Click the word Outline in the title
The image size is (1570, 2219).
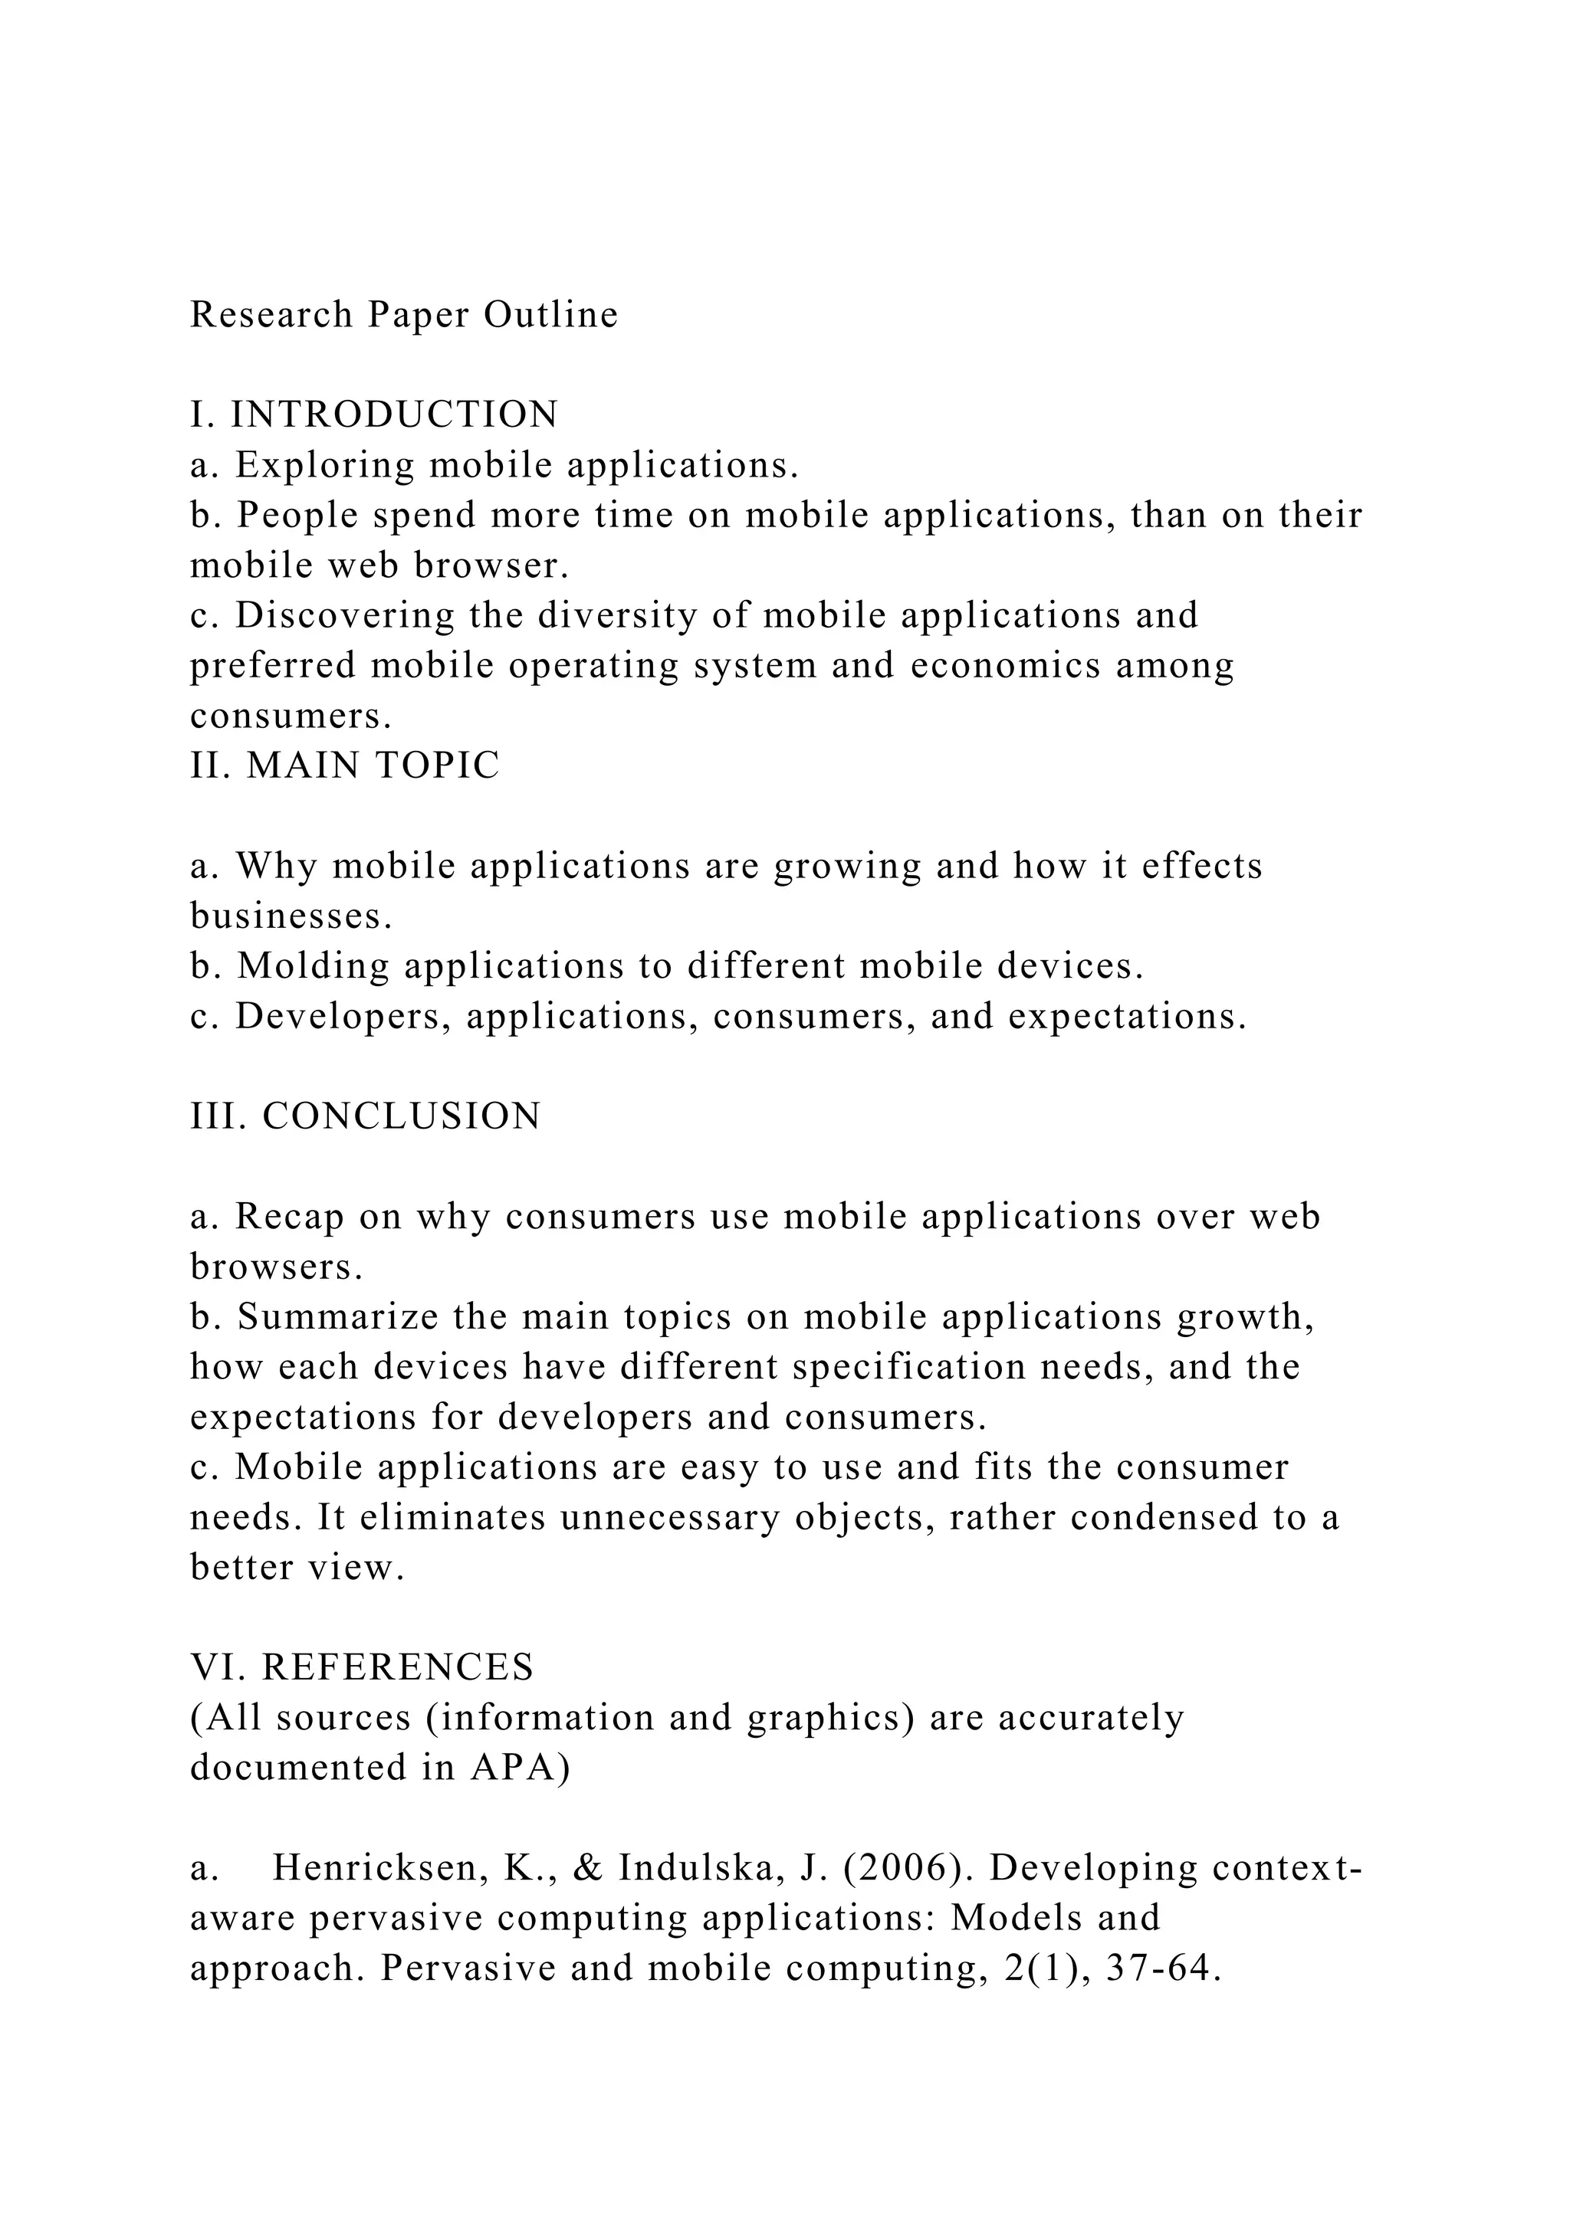click(x=550, y=315)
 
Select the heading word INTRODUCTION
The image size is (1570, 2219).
click(x=395, y=415)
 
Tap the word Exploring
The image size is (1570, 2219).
click(x=325, y=466)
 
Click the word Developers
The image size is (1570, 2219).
click(x=343, y=1017)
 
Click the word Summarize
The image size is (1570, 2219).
click(x=337, y=1317)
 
